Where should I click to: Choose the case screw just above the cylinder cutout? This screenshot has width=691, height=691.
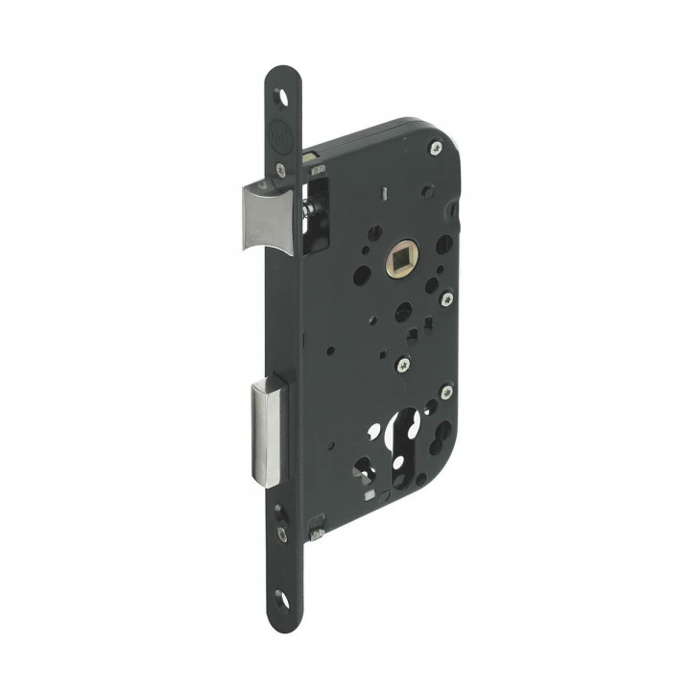[400, 364]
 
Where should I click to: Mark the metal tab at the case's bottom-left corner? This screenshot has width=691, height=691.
[318, 526]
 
